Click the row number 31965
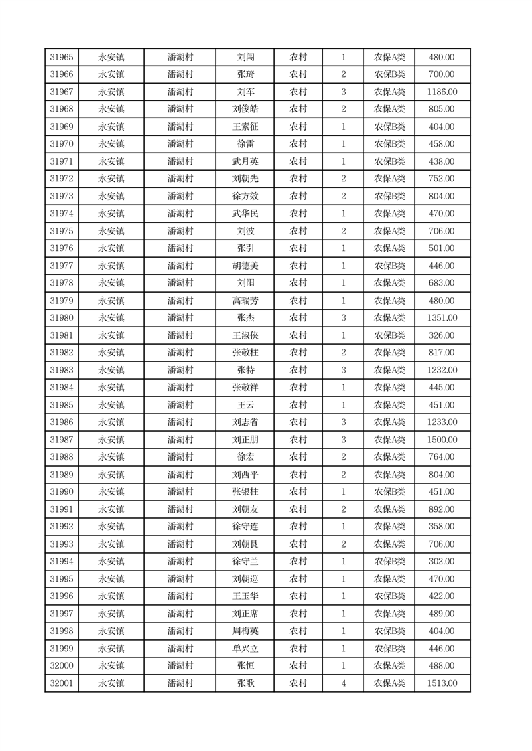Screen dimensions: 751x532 tap(62, 58)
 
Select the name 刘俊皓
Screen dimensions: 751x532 tap(245, 110)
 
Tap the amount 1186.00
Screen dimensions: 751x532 tap(442, 92)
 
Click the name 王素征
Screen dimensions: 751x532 tap(245, 127)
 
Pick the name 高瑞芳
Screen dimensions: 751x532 tap(245, 301)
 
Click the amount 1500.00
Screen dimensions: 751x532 tap(442, 440)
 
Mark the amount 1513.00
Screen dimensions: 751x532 tap(442, 684)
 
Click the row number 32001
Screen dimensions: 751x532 tap(62, 684)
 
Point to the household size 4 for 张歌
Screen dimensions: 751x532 tap(344, 684)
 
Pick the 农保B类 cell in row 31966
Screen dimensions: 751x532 tap(389, 75)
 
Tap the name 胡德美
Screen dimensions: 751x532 tap(245, 266)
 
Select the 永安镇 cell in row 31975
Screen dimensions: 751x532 tap(111, 232)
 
